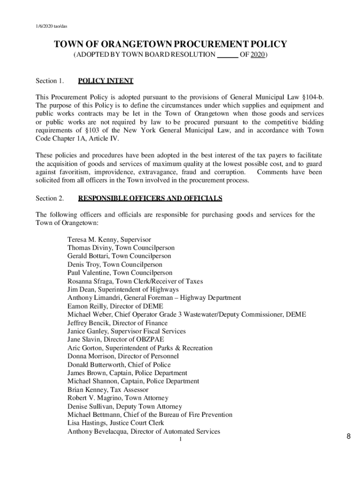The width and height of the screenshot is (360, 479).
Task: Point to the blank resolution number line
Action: pyautogui.click(x=228, y=55)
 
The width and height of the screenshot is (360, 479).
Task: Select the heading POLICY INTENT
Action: pyautogui.click(x=106, y=81)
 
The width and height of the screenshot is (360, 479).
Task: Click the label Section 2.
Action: pyautogui.click(x=50, y=198)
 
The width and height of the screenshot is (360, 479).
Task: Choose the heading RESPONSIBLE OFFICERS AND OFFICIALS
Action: pyautogui.click(x=150, y=198)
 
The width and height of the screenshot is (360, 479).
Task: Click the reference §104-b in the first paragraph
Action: pyautogui.click(x=312, y=97)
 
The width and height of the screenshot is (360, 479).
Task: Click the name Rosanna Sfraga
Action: pyautogui.click(x=89, y=281)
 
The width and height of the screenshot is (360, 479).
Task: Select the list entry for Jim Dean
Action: pyautogui.click(x=122, y=290)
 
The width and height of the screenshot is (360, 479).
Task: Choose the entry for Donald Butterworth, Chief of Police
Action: pyautogui.click(x=119, y=365)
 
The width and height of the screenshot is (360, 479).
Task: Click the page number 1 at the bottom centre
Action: pyautogui.click(x=180, y=440)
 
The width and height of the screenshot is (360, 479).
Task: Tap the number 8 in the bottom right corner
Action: pyautogui.click(x=348, y=437)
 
